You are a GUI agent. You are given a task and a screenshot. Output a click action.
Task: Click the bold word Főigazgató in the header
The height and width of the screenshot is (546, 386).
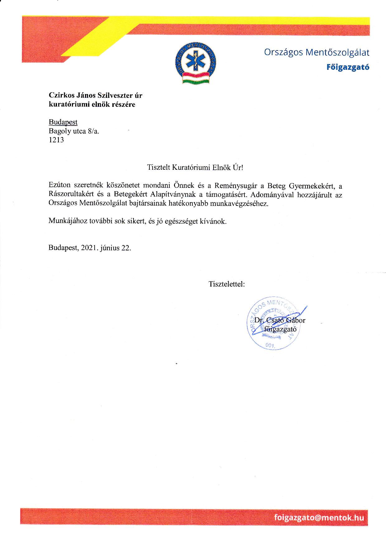(x=348, y=67)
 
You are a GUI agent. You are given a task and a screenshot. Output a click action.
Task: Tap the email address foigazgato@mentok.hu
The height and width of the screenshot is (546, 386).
(x=319, y=517)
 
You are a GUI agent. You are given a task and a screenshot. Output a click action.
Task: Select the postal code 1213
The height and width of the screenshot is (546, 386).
(x=56, y=140)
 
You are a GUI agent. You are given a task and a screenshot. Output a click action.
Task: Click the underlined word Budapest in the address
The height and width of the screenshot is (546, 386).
(x=63, y=122)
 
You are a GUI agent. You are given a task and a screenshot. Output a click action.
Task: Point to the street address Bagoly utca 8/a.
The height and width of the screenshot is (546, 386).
(x=74, y=131)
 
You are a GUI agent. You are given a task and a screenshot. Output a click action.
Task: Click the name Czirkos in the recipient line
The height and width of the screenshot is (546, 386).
(x=59, y=95)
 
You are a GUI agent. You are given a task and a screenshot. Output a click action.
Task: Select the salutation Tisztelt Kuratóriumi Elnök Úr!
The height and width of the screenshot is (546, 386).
(x=195, y=168)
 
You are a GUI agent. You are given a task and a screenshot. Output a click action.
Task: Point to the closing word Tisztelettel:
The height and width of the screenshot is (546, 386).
(x=227, y=284)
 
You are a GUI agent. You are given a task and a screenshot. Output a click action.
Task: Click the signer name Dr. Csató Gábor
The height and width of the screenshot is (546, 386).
(x=280, y=320)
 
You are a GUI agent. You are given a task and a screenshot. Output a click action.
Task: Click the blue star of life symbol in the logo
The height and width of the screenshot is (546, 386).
(x=195, y=61)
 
